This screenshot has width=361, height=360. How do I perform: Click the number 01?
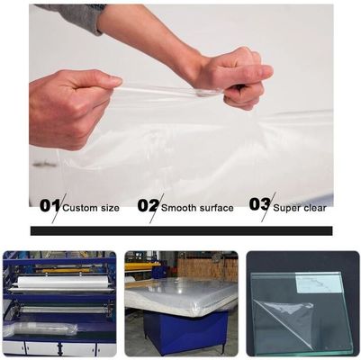pyautogui.click(x=50, y=205)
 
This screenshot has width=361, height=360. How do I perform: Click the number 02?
pyautogui.click(x=148, y=205)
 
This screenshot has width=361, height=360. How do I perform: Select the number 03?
pyautogui.click(x=259, y=205)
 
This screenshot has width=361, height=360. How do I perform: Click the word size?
pyautogui.click(x=110, y=208)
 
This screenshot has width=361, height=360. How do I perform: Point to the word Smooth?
pyautogui.click(x=181, y=208)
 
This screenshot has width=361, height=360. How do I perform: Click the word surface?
pyautogui.click(x=217, y=208)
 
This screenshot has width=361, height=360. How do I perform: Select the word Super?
pyautogui.click(x=289, y=208)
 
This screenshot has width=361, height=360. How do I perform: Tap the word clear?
pyautogui.click(x=316, y=208)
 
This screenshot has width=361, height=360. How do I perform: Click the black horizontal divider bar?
pyautogui.click(x=180, y=230)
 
